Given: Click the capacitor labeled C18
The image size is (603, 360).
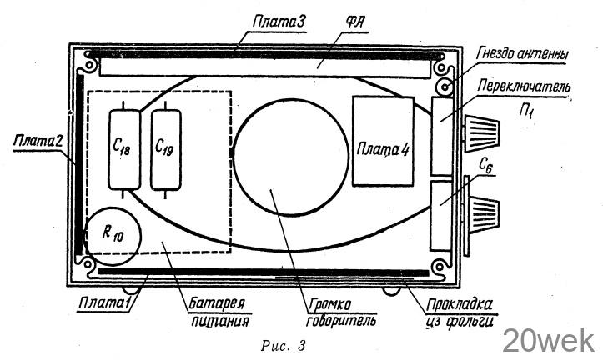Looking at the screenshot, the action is click(124, 149).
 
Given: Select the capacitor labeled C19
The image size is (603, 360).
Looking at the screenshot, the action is click(166, 149).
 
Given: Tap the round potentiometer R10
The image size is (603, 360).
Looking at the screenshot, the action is click(113, 236).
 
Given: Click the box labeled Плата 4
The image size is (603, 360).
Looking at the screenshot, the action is click(383, 142).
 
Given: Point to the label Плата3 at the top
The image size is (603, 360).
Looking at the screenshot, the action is click(279, 21).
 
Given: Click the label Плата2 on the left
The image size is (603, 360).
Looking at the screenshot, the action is click(38, 141).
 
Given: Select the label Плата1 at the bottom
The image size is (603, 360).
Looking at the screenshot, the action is click(104, 302).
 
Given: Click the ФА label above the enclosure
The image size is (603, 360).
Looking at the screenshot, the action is click(354, 22).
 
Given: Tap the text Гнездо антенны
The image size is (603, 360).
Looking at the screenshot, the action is click(522, 54).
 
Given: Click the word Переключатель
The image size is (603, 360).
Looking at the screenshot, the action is click(524, 87).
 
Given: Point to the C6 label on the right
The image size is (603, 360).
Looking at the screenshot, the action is click(485, 165).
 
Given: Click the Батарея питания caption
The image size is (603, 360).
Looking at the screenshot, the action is click(219, 312).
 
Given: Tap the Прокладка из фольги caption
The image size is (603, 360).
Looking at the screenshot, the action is click(460, 312).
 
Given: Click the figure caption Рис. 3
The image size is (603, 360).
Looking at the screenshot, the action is click(284, 345).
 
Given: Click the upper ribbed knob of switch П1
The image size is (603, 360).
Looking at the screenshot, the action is click(482, 133).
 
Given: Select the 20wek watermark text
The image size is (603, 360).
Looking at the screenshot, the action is click(549, 340).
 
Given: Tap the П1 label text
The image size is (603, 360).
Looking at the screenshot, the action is click(525, 112).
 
